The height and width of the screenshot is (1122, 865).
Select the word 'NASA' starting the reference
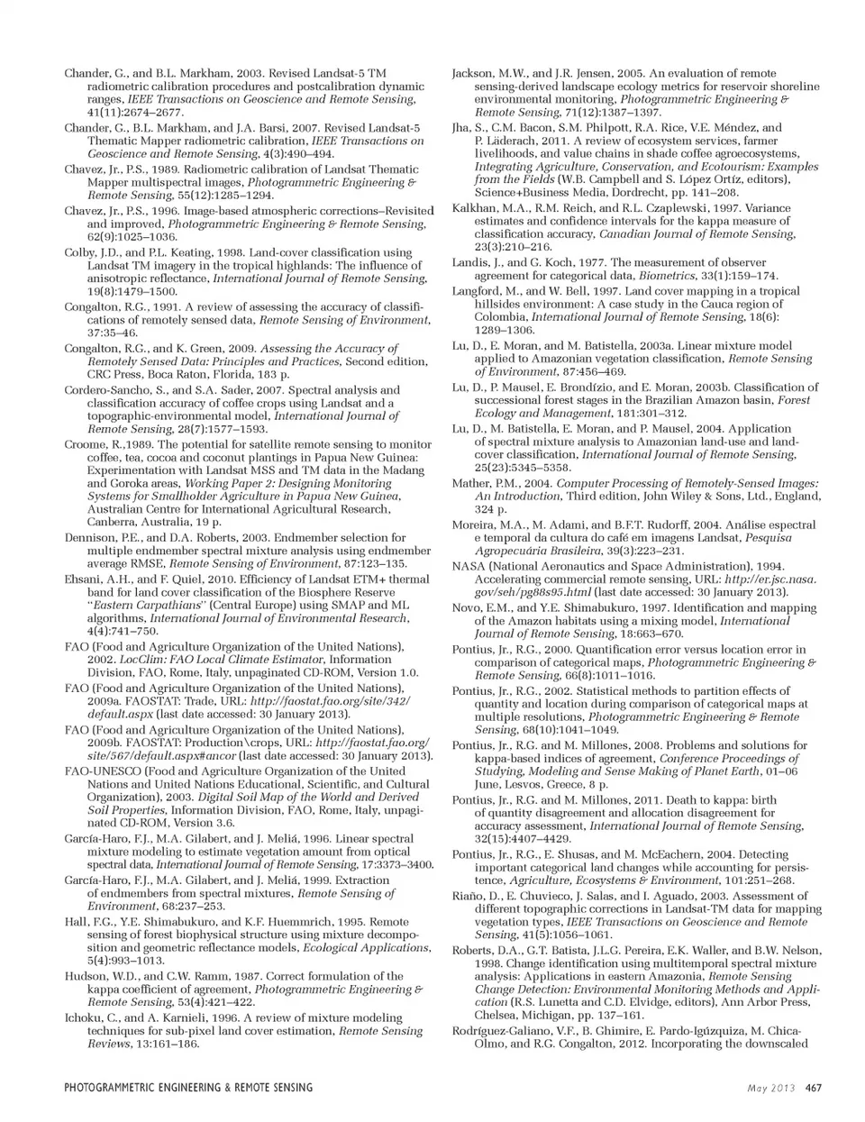469,566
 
